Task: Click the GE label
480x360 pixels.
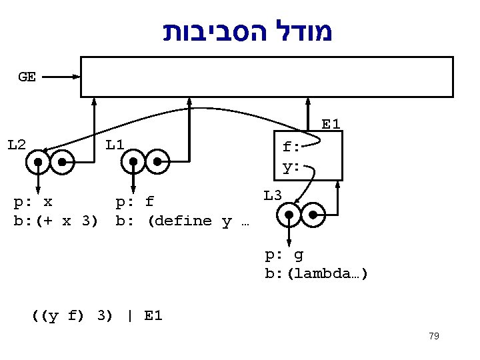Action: click(27, 77)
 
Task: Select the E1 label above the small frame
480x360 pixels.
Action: click(331, 124)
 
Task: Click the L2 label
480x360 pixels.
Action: click(17, 143)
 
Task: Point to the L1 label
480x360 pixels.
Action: click(115, 143)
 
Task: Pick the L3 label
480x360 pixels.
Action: click(273, 195)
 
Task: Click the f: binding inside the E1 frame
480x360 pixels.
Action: click(291, 147)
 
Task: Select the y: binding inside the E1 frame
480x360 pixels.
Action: click(291, 167)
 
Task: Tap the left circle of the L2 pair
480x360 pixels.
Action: click(39, 162)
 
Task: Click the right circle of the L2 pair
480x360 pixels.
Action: click(63, 162)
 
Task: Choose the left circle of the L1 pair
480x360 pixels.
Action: click(134, 162)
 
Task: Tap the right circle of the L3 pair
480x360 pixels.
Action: click(313, 215)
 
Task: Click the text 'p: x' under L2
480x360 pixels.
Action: click(34, 201)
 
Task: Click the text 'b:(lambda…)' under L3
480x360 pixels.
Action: click(316, 273)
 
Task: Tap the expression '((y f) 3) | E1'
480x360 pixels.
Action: click(97, 315)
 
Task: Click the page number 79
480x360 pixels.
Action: click(434, 336)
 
